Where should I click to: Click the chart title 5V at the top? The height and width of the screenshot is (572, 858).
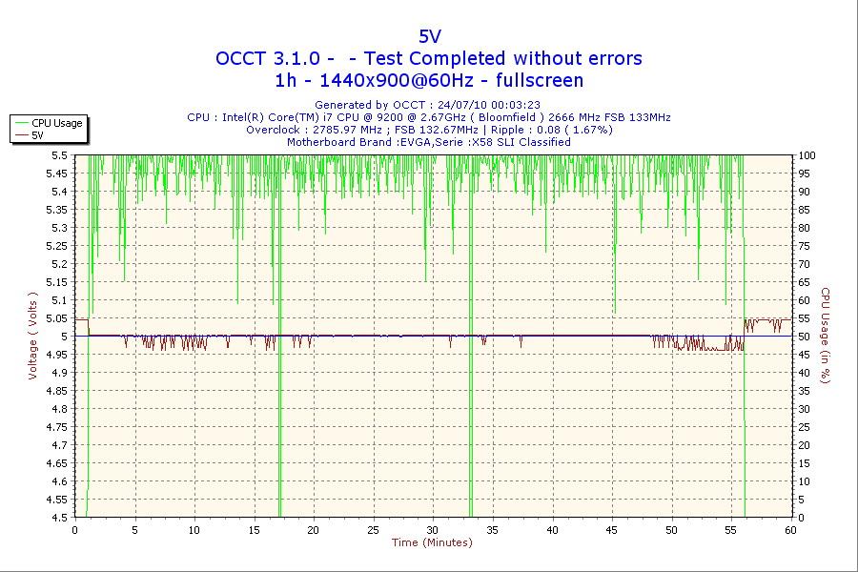click(x=430, y=36)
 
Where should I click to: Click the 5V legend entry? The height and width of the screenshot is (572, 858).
click(x=38, y=135)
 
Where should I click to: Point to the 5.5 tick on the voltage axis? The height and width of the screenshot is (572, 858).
click(x=59, y=155)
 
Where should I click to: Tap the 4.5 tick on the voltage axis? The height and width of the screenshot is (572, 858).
click(x=59, y=518)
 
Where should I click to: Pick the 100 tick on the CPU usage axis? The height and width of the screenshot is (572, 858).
click(x=807, y=155)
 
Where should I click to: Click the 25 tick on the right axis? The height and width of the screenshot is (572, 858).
click(x=805, y=427)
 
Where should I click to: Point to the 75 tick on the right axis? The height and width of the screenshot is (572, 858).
click(x=805, y=246)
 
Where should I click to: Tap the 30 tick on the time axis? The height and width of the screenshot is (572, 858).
click(x=433, y=530)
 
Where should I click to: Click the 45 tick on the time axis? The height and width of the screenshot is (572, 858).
click(x=612, y=530)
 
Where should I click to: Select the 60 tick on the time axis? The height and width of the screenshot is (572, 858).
click(x=790, y=530)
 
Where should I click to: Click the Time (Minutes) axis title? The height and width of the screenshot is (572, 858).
click(x=432, y=543)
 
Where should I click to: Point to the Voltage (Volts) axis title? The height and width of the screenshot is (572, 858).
click(x=32, y=336)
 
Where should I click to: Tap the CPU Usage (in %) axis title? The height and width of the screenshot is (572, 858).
click(x=827, y=336)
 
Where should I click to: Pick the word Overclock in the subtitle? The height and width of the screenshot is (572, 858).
click(x=273, y=130)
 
